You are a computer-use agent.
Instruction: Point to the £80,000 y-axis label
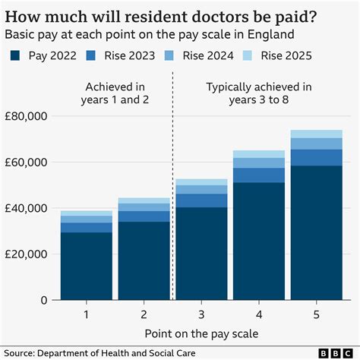[27, 116]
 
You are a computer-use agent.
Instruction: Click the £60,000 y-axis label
[27, 162]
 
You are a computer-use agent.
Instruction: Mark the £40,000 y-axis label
[27, 208]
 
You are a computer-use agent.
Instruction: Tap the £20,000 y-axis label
[27, 254]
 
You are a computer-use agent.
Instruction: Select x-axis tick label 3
[201, 314]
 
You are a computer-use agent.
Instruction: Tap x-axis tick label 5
[316, 314]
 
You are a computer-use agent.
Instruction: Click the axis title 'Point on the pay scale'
[201, 333]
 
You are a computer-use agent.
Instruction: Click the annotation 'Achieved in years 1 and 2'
[113, 93]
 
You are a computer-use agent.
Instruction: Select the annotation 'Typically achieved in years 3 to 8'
[258, 93]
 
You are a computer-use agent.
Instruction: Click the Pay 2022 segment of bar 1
[87, 266]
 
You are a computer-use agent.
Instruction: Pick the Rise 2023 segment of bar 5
[316, 157]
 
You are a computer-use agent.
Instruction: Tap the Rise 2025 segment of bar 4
[258, 154]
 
